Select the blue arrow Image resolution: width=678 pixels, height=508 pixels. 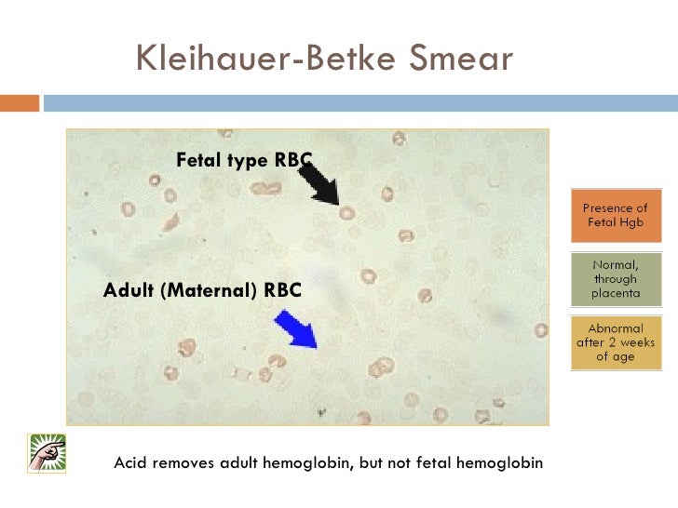[297, 329]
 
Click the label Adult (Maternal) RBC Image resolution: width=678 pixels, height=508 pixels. [202, 290]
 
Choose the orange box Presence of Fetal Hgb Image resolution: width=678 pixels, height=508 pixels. [616, 216]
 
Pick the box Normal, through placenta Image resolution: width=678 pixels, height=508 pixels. [616, 278]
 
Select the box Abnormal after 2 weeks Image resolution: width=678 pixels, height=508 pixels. [616, 341]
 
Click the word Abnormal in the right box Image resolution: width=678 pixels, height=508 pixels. [616, 328]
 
